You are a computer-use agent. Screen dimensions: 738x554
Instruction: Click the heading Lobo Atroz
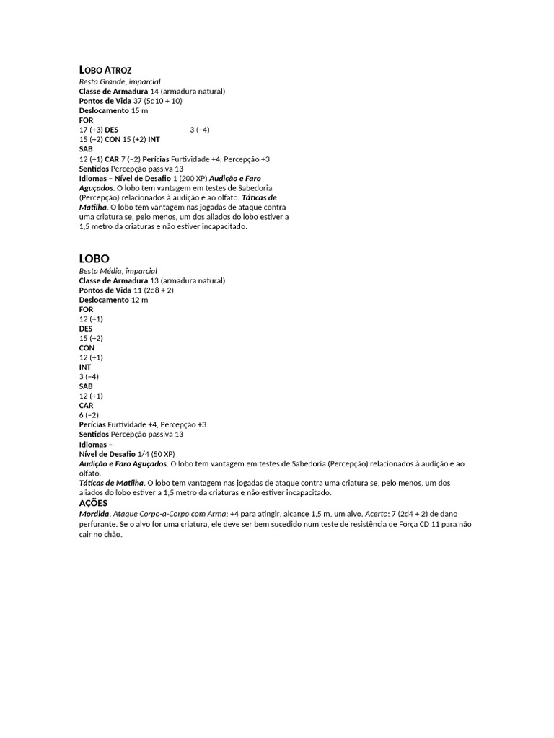point(105,70)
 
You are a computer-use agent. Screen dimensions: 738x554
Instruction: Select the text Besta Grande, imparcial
point(120,82)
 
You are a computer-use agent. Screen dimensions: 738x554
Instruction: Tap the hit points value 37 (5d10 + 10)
point(158,101)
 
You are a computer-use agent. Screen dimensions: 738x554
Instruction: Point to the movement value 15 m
point(139,111)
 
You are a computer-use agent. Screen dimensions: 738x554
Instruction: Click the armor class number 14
point(154,92)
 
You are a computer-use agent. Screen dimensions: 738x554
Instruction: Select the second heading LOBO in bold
point(94,258)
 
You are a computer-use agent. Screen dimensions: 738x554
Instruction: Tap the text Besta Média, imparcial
point(118,271)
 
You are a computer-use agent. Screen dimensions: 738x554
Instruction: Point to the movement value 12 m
point(139,300)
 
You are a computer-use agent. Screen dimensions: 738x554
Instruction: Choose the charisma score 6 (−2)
point(89,415)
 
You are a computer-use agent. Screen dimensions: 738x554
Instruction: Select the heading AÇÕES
point(93,502)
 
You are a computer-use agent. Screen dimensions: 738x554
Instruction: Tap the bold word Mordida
point(94,515)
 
